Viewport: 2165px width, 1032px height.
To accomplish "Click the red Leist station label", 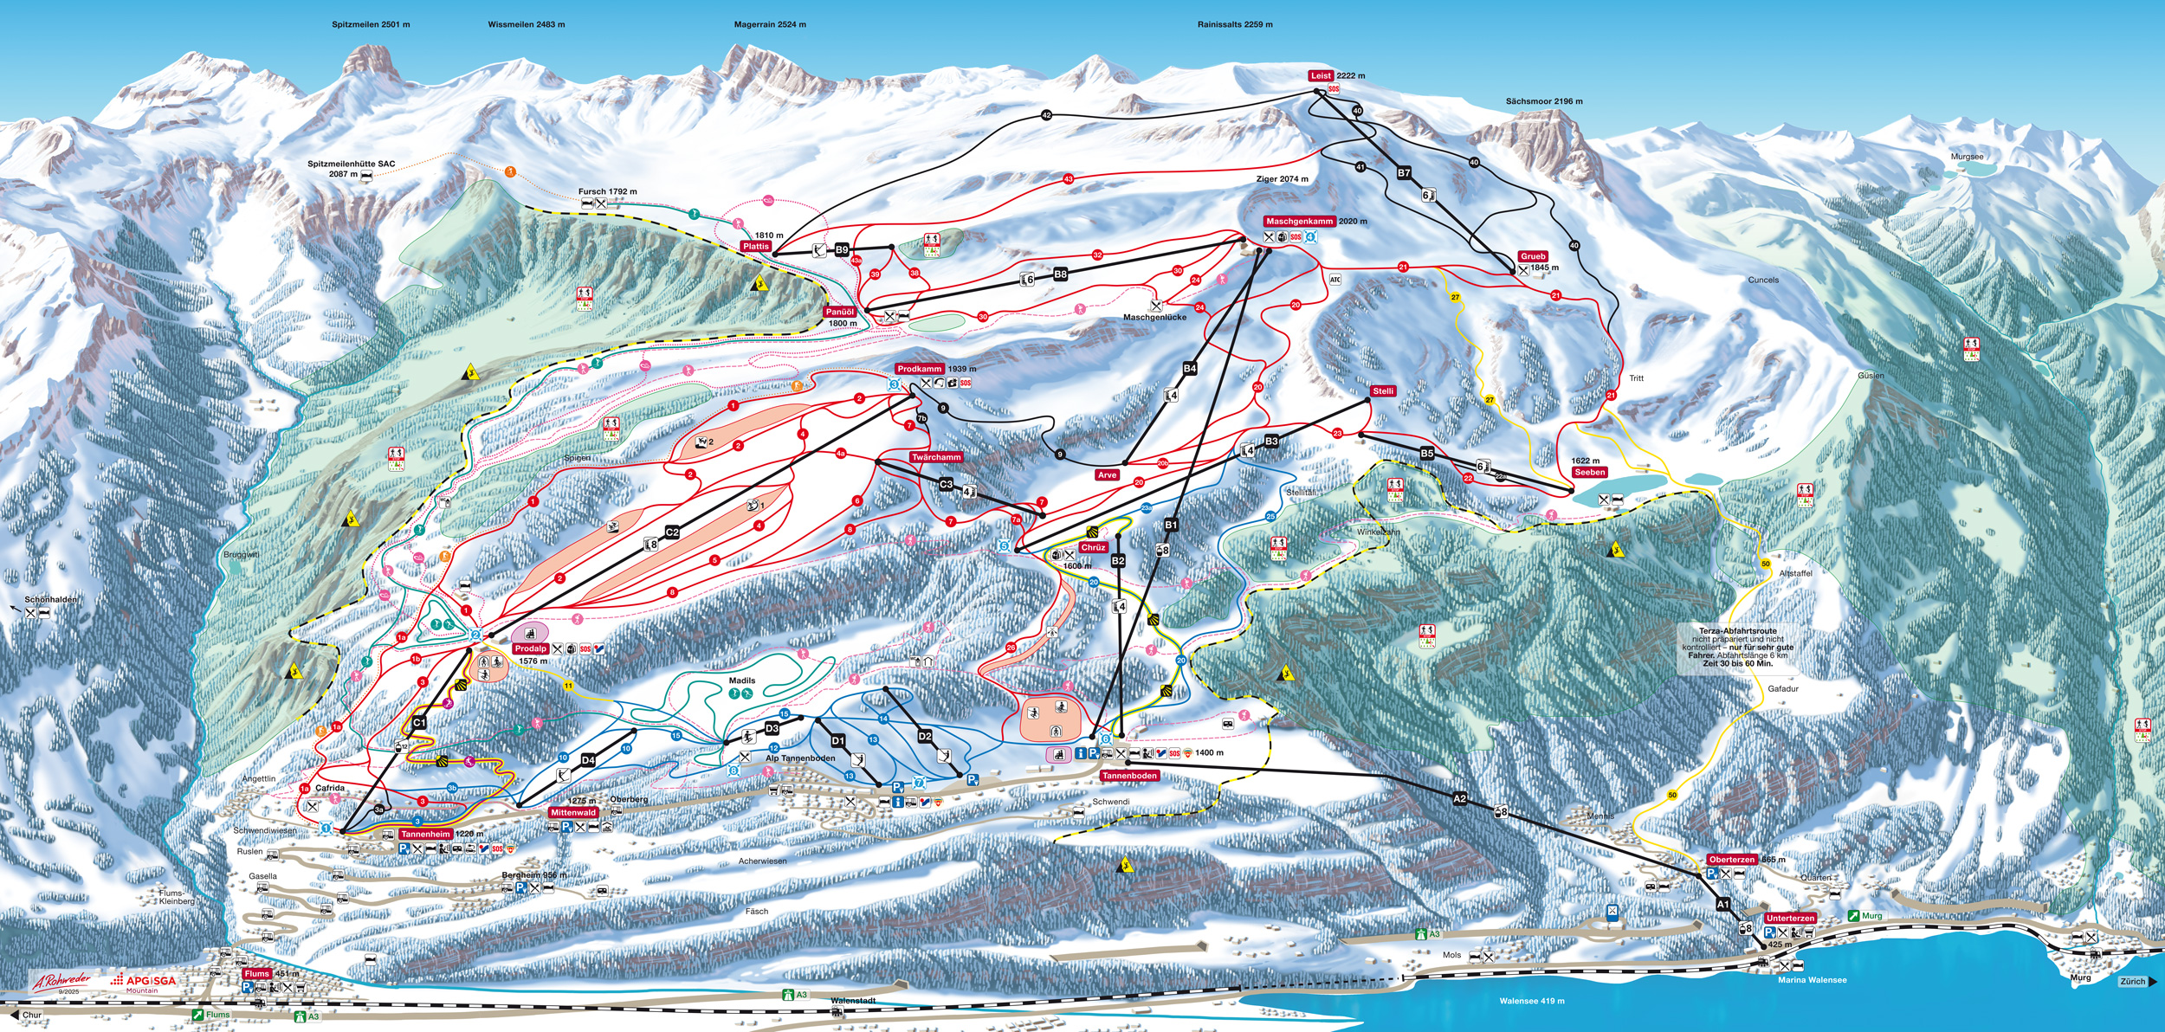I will [1321, 76].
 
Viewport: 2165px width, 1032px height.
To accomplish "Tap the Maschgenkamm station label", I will [1299, 222].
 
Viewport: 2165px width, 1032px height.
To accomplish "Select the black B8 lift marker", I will [1060, 274].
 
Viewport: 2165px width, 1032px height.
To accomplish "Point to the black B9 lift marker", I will [842, 250].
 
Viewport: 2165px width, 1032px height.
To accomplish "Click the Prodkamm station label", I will [920, 369].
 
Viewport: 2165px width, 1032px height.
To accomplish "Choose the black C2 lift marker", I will [672, 532].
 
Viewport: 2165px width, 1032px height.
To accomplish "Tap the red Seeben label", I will [1590, 473].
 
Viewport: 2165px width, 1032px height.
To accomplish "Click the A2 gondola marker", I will [1460, 799].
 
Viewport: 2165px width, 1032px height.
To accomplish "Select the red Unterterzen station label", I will [1790, 918].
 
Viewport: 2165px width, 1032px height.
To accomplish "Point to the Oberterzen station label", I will [1732, 860].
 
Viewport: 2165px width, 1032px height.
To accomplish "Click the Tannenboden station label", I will [1129, 776].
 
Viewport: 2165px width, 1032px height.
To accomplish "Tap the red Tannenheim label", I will [425, 835].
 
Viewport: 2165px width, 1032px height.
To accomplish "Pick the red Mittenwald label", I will [573, 813].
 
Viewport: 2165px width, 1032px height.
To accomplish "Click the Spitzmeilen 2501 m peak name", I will [371, 25].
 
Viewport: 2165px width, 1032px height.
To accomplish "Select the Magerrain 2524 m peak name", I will [770, 25].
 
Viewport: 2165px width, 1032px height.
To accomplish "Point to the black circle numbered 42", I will [1046, 116].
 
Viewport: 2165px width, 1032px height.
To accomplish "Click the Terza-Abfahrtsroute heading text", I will [1738, 631].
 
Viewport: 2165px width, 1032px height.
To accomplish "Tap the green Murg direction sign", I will [1865, 916].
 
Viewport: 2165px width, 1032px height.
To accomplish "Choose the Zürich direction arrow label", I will [2136, 982].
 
